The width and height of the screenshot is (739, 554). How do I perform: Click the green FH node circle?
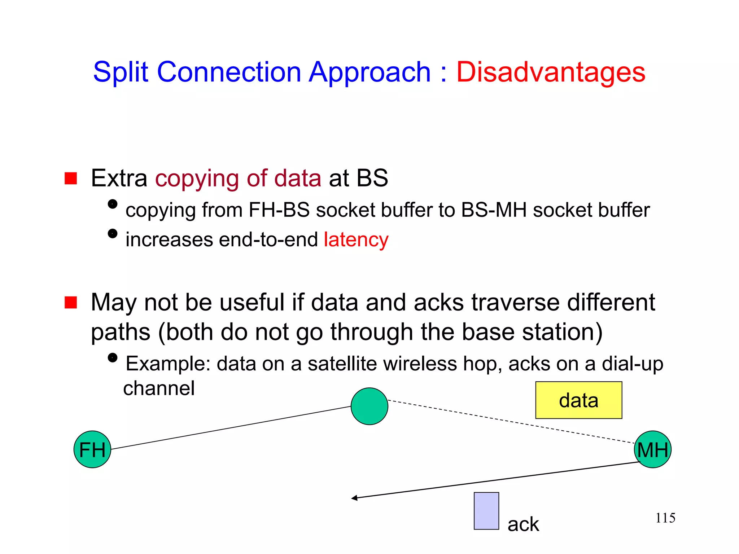pos(92,449)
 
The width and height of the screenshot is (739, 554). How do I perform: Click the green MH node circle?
pos(652,449)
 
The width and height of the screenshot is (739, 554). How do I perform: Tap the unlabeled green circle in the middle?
pos(369,406)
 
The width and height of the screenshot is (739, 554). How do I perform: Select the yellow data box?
pos(578,400)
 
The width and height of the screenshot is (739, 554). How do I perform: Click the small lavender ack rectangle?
pos(486,511)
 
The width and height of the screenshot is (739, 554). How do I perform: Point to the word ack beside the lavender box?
pos(523,524)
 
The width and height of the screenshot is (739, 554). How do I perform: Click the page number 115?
pos(665,518)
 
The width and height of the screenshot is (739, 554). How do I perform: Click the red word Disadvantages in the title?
pos(551,72)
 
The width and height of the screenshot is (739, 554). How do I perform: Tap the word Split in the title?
pos(121,72)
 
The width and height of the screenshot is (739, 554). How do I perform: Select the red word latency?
pos(356,239)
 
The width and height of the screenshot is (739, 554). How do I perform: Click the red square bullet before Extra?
pos(71,178)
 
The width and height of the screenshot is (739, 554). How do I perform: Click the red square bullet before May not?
pos(71,302)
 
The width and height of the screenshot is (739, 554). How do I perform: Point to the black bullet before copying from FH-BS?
pos(113,204)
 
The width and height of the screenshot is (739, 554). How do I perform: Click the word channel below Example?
pos(159,388)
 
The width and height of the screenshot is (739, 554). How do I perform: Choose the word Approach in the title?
pos(369,72)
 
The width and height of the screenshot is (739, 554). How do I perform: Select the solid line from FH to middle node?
pos(231,428)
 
